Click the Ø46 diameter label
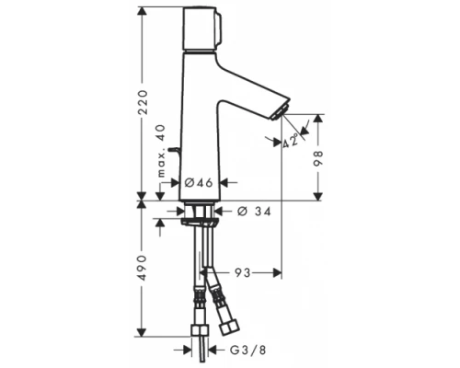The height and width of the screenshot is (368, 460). click(x=200, y=183)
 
